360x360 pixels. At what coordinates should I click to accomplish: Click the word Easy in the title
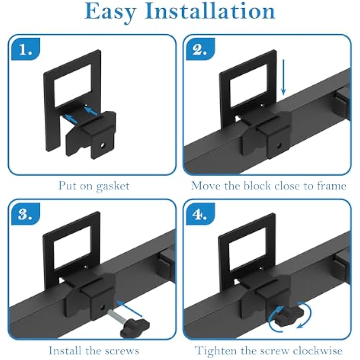111,12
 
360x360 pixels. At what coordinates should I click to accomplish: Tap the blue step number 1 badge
26,49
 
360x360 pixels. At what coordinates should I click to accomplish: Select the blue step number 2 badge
200,49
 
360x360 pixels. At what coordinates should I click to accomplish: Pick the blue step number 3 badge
26,214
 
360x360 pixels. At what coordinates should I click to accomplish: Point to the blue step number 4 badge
200,214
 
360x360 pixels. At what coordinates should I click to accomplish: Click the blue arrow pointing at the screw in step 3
130,309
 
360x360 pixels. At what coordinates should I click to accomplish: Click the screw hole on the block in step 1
102,145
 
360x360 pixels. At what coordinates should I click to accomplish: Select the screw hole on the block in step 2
279,145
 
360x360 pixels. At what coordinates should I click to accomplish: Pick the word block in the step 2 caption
257,185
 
